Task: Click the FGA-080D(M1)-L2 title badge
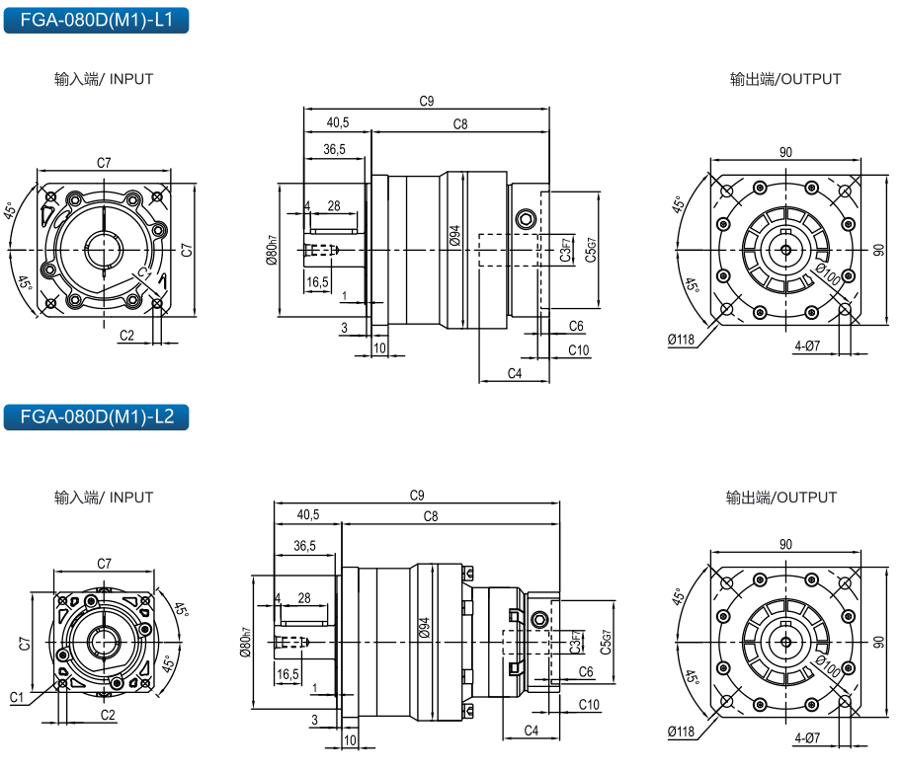96,417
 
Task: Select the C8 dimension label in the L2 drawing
431,516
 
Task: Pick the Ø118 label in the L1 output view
682,340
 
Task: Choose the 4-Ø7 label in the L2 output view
807,737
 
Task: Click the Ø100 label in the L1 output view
827,275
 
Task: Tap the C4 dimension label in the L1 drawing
514,373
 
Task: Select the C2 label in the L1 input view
126,336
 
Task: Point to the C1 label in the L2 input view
17,697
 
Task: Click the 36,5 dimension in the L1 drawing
335,150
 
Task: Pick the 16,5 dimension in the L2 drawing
287,673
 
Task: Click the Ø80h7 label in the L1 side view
271,251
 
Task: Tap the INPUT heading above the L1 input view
104,79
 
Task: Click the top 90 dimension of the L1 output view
785,152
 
